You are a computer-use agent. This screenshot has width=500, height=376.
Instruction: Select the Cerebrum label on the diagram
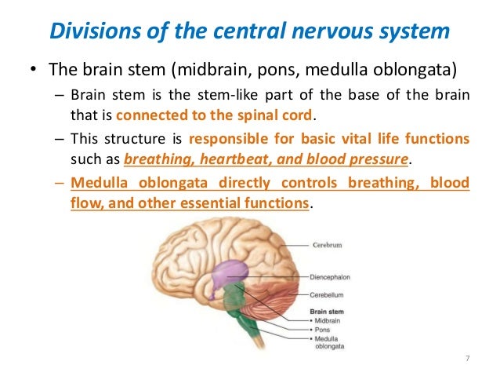pyautogui.click(x=328, y=244)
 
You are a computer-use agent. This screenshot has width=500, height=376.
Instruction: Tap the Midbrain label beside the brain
pyautogui.click(x=332, y=320)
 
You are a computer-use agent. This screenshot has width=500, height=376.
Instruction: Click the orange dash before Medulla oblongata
pyautogui.click(x=61, y=184)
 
